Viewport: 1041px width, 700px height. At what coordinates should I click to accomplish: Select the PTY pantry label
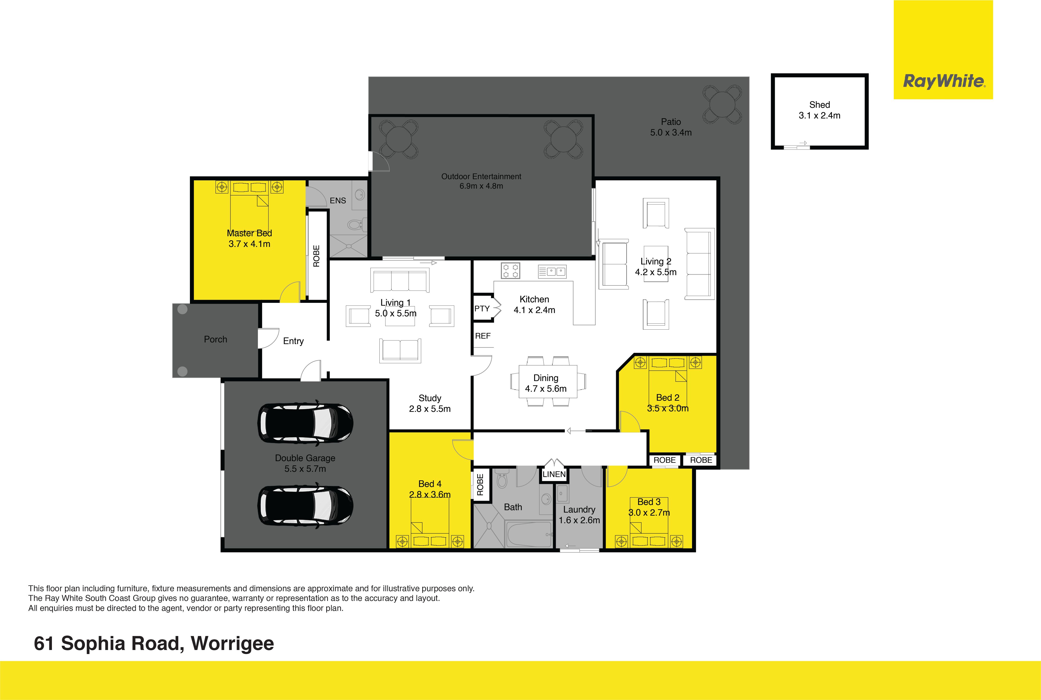point(482,309)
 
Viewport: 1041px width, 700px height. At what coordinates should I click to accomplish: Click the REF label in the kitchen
point(483,336)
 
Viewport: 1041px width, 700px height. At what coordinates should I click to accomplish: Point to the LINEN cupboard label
point(554,474)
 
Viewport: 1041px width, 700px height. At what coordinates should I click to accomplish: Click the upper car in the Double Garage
point(305,423)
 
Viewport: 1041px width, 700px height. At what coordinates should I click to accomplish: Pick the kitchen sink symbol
point(552,271)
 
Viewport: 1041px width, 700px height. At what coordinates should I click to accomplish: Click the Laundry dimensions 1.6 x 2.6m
point(579,520)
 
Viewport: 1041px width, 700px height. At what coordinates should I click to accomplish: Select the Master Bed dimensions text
point(249,244)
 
